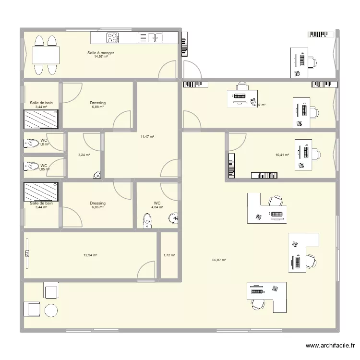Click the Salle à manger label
(x=101, y=53)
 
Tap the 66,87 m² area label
(x=219, y=260)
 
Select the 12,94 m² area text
(x=90, y=255)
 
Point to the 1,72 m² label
(x=169, y=255)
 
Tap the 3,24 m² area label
(x=84, y=155)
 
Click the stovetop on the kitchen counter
(x=113, y=37)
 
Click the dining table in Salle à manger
(x=46, y=55)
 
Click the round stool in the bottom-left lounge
(x=51, y=311)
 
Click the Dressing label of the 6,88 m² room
(x=97, y=103)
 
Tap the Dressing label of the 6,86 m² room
(x=97, y=204)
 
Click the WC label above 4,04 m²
(x=157, y=204)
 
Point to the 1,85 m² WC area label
(x=44, y=169)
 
